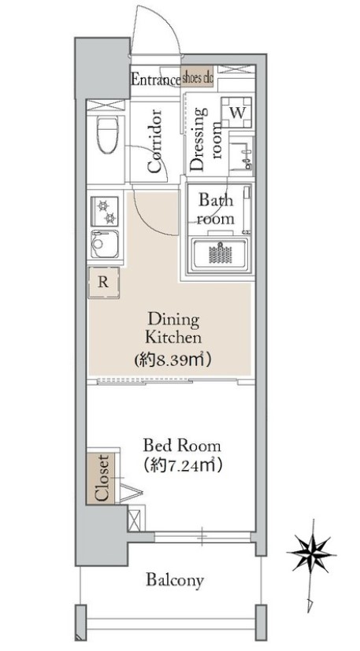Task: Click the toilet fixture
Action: click(x=107, y=134)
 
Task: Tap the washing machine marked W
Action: click(x=237, y=112)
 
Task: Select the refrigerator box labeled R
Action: click(x=104, y=283)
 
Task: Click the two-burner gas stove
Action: click(x=105, y=211)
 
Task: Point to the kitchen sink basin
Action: click(x=105, y=245)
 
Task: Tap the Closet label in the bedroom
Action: click(x=102, y=478)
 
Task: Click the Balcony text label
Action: click(x=175, y=580)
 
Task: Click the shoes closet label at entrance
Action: click(x=198, y=78)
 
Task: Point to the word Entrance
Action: click(x=155, y=79)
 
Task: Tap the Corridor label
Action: click(x=154, y=141)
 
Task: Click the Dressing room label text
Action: click(x=205, y=139)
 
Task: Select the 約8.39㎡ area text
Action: click(x=173, y=359)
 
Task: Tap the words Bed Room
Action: click(x=182, y=446)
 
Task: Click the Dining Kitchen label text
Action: click(x=173, y=328)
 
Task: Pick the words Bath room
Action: click(x=216, y=209)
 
